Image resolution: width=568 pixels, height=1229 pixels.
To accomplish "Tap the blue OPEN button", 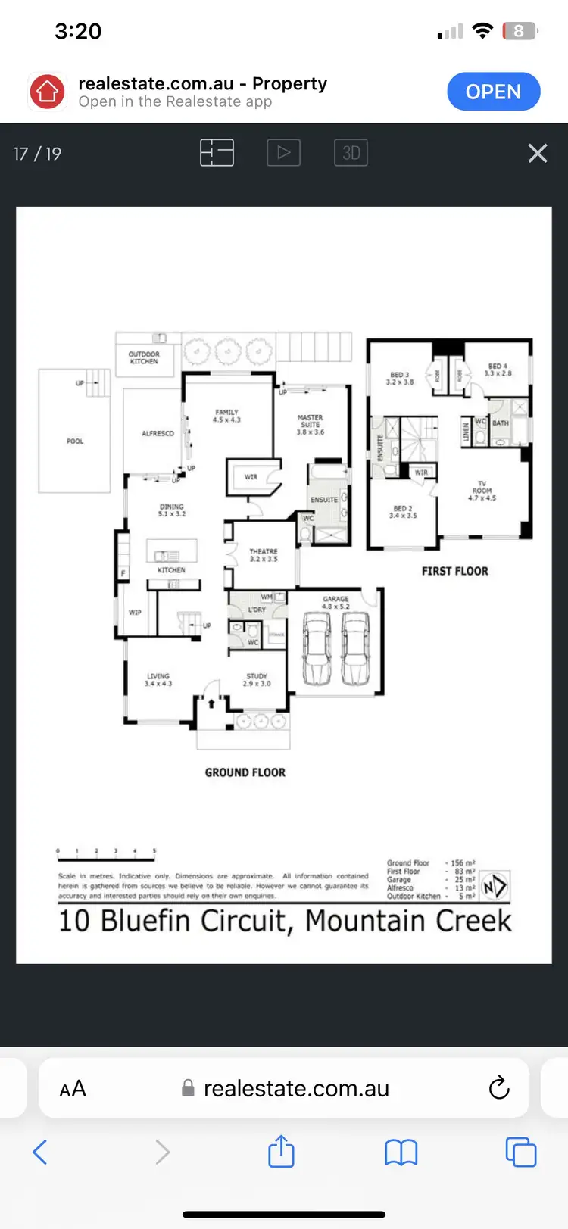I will tap(493, 92).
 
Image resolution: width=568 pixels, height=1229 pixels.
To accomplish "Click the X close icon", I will tap(537, 154).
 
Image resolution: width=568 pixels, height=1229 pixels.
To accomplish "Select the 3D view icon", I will tap(351, 153).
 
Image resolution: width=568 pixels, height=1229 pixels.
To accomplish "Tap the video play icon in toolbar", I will tap(283, 153).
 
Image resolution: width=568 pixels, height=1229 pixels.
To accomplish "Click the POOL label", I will tap(75, 441).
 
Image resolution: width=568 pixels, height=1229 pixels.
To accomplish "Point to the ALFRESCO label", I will tap(158, 434).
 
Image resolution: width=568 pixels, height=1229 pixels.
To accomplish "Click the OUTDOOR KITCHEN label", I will tap(144, 358).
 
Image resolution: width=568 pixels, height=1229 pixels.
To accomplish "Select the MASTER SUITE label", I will tap(310, 425).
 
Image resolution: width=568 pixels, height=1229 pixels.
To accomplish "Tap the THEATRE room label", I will tap(264, 555).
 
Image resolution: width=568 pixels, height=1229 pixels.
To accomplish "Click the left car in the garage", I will tap(317, 647).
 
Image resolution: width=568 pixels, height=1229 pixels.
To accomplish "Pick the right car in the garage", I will tap(355, 647).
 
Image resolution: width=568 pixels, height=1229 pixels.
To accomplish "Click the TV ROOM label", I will tap(482, 491).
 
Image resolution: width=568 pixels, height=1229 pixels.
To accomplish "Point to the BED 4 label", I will tap(498, 370).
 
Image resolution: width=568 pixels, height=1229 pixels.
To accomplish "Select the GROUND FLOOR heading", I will tap(245, 772).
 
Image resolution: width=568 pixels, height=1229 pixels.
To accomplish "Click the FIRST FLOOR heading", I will tap(454, 571).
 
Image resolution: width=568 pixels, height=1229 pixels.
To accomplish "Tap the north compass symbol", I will tap(495, 886).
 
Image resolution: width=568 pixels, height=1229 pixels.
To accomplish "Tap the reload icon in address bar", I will tap(498, 1088).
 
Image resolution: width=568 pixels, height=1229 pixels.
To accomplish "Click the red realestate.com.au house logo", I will tap(48, 92).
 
